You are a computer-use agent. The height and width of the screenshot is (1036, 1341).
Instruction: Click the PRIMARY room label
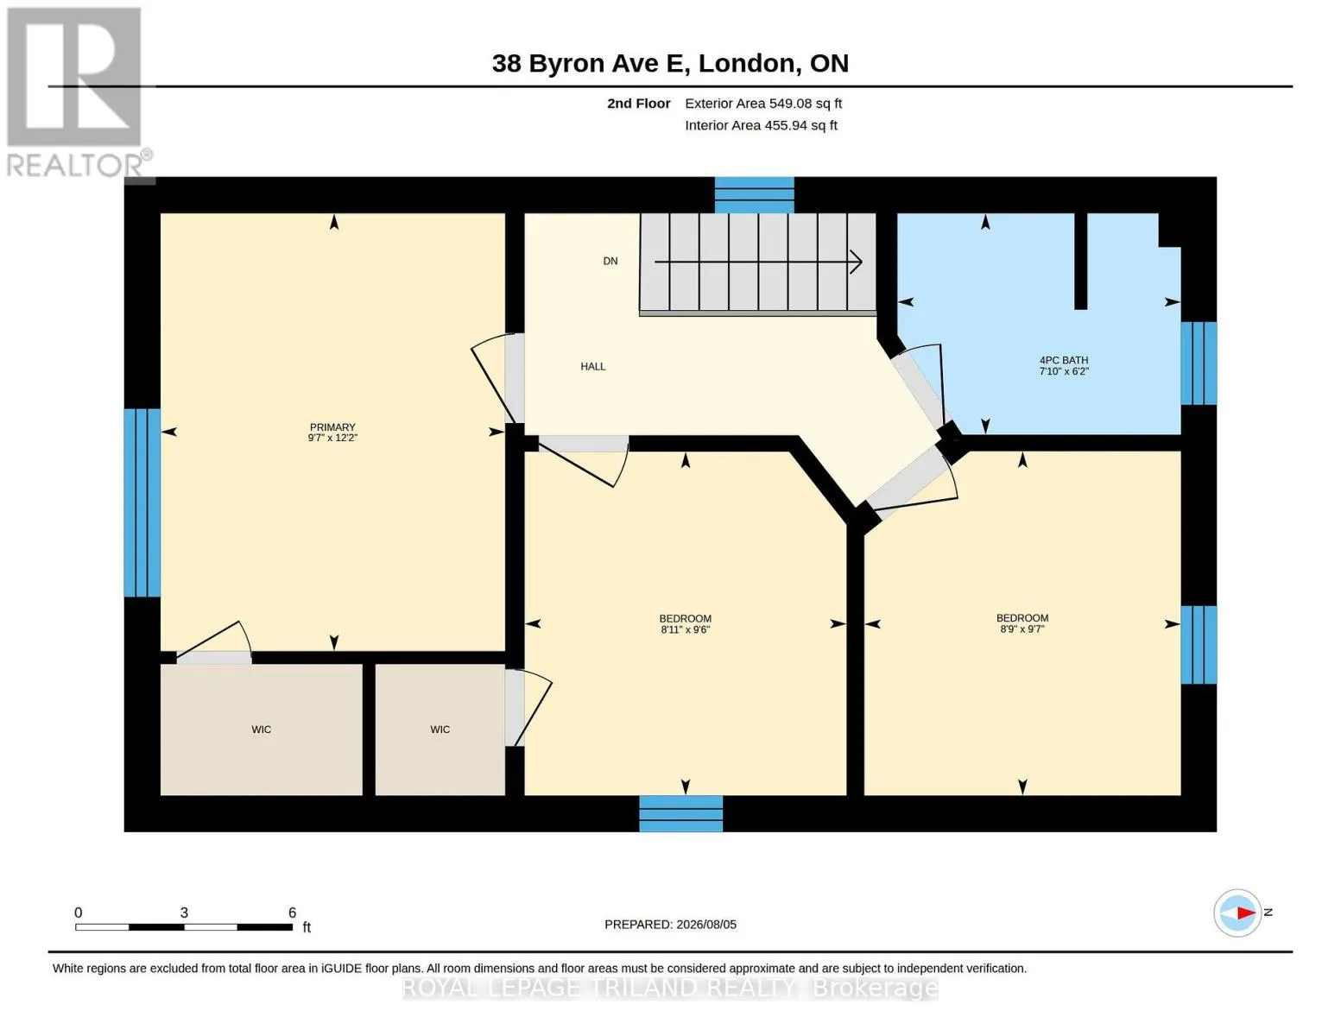332,427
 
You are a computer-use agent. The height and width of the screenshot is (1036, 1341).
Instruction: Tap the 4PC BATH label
1063,360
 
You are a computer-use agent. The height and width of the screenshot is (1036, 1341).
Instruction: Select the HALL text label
593,367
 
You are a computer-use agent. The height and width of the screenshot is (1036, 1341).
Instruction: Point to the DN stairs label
610,261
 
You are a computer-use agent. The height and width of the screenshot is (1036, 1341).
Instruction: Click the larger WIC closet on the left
261,730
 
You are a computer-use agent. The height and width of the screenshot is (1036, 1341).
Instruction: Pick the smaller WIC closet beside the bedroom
440,730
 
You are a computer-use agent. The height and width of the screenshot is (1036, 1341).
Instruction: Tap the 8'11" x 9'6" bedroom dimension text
685,630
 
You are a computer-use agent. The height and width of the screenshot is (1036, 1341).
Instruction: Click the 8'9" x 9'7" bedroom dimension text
1022,629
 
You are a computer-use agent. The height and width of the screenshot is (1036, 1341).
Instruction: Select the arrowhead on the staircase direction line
857,262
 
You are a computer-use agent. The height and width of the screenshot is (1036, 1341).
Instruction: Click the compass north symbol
1237,913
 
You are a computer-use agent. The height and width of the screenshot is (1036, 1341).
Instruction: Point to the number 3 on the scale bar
184,913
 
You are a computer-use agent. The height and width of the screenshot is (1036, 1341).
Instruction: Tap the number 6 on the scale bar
292,913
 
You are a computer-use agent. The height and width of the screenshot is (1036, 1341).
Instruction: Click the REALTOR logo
78,92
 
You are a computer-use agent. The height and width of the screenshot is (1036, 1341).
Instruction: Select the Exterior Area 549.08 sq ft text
763,104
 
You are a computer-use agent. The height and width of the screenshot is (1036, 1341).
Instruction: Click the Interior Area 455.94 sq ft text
761,125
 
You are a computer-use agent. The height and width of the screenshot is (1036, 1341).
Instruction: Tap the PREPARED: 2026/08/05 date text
670,925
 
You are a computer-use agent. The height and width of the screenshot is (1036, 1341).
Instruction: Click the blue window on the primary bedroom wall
142,502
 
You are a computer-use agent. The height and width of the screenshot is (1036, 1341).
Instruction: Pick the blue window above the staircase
754,195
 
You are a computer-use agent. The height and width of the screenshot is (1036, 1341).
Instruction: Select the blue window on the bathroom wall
1199,363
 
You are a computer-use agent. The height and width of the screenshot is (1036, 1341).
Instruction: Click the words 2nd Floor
639,104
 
